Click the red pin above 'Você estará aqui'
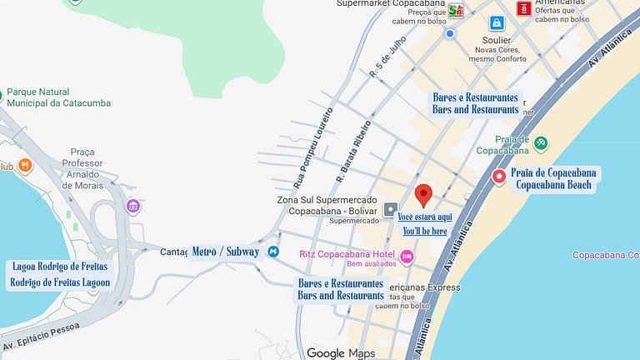(423, 194)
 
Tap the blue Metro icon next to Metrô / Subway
(272, 252)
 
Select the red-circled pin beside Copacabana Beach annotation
(499, 176)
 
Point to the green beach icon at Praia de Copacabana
(541, 142)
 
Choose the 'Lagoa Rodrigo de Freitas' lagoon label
(60, 274)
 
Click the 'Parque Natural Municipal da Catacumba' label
(58, 97)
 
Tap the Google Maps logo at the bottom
(340, 353)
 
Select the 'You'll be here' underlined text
(425, 231)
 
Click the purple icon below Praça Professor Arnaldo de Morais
(132, 205)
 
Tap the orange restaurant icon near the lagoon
(25, 166)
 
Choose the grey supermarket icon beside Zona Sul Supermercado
(390, 207)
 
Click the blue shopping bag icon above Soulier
(496, 22)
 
